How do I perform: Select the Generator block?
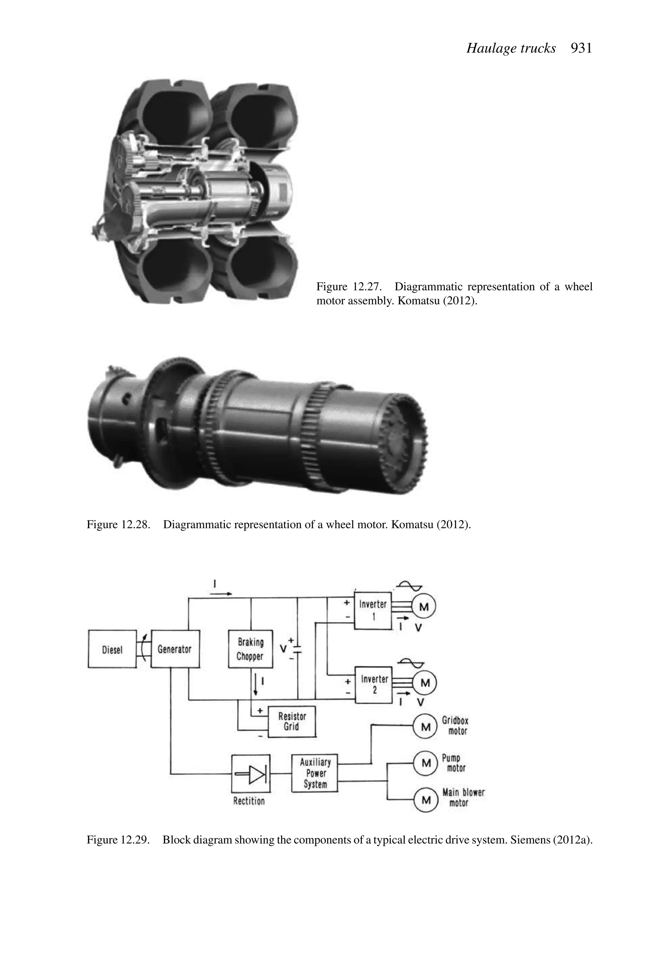tap(175, 649)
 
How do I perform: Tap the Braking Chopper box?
tap(250, 649)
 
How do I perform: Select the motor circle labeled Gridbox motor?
tap(425, 727)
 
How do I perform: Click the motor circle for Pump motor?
tap(425, 763)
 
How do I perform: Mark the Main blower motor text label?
tap(463, 798)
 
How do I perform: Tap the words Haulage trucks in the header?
tap(511, 49)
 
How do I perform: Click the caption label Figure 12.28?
tap(118, 525)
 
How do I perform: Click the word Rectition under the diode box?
tap(249, 801)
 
